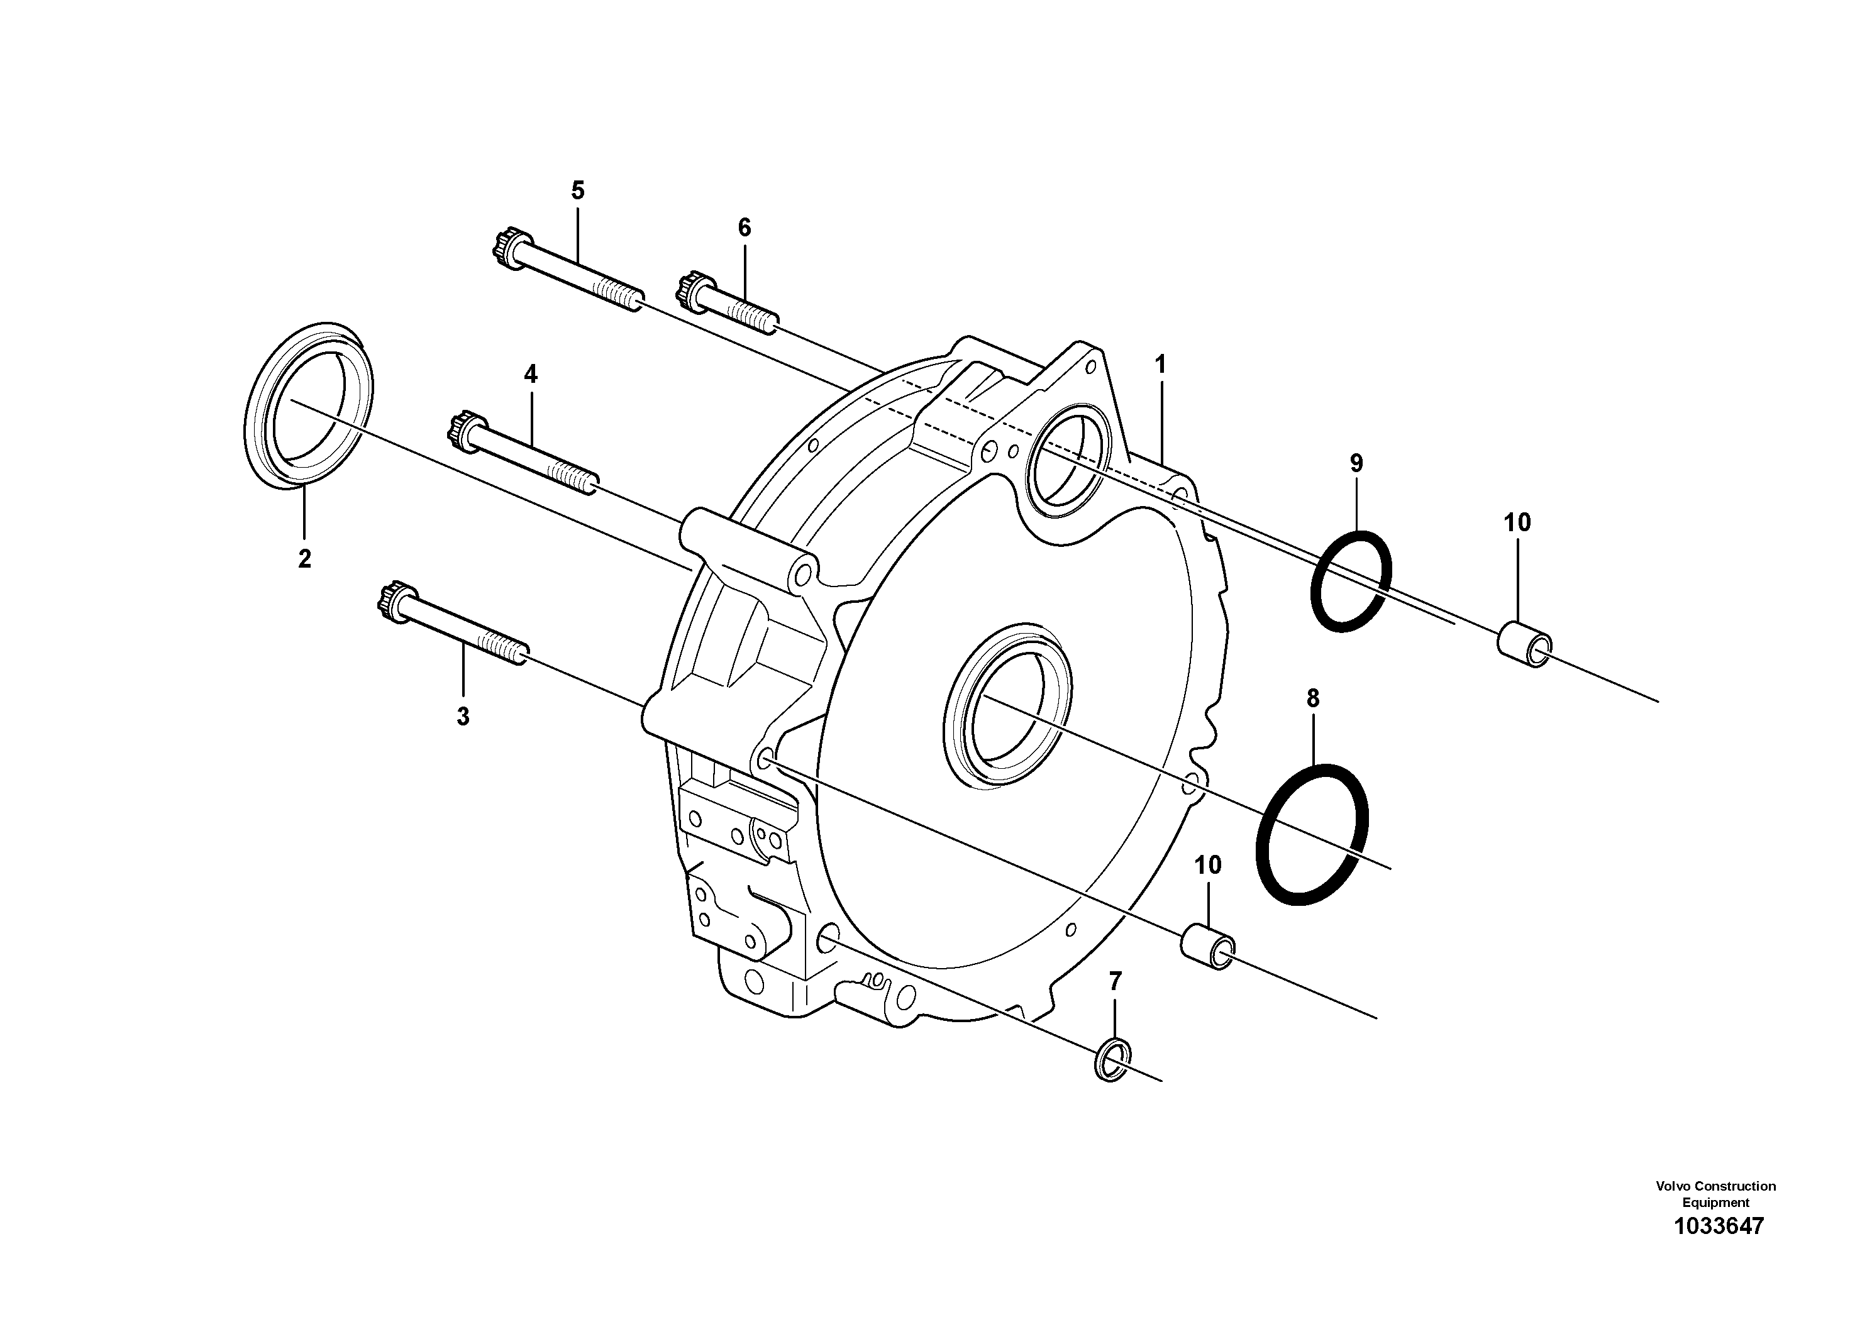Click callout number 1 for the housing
pos(1160,365)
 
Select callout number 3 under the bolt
pos(462,717)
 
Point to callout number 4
pos(531,375)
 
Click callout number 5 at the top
pos(577,190)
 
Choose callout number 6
pos(744,228)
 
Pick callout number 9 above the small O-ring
pos(1355,464)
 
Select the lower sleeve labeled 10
pos(1207,947)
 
